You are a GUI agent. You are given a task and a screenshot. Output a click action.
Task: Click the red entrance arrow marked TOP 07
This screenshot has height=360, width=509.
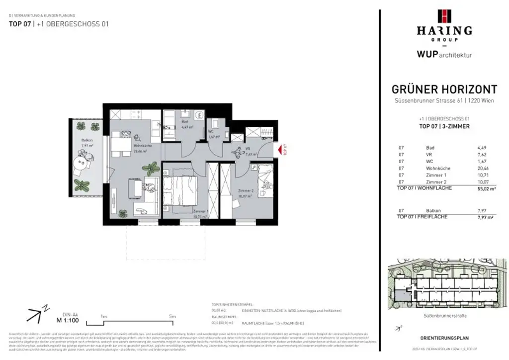[x=280, y=149]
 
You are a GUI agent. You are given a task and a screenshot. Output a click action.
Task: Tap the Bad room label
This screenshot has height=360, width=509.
[x=184, y=121]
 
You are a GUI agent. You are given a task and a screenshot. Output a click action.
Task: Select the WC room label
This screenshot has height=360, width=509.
[x=210, y=132]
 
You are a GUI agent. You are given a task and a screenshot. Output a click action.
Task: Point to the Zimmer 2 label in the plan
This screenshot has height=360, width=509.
[x=246, y=190]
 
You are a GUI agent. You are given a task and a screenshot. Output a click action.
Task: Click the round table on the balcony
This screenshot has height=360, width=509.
[x=80, y=163]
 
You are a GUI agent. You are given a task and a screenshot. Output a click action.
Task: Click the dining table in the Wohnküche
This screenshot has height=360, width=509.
[x=119, y=145]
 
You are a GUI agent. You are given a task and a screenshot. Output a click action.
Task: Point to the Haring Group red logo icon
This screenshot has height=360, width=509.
[x=444, y=16]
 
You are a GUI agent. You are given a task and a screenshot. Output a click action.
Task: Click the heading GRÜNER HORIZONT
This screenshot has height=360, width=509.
[x=444, y=90]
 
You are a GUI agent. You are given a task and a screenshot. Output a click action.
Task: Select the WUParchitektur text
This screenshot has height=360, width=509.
[x=444, y=54]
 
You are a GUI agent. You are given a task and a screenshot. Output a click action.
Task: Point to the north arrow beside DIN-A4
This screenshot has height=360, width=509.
[x=35, y=314]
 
